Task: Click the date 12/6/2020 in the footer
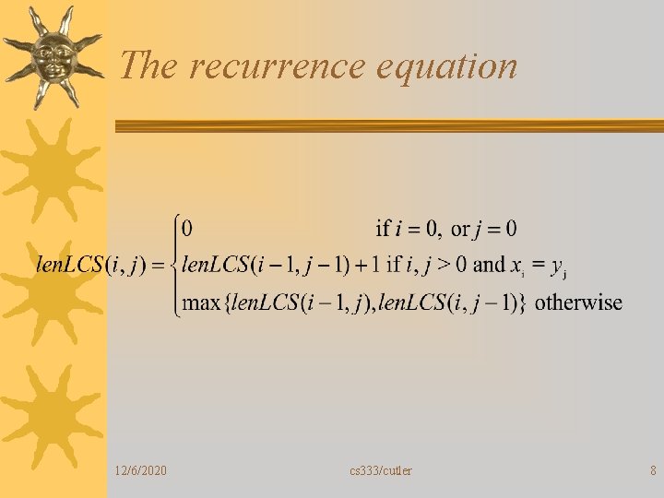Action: point(142,471)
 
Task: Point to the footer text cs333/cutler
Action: point(381,471)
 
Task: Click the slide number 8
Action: point(653,471)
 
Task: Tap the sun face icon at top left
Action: point(51,57)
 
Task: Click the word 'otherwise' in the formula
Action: point(579,302)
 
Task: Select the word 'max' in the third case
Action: point(201,302)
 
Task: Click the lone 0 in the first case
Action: point(187,228)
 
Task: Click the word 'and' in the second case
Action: point(489,266)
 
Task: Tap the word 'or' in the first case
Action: point(459,228)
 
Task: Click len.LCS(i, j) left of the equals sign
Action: point(89,266)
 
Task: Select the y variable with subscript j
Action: point(557,267)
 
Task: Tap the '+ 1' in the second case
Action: point(366,266)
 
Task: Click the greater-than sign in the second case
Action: point(444,266)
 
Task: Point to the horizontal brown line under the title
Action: point(387,125)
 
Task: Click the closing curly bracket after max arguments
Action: point(522,302)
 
